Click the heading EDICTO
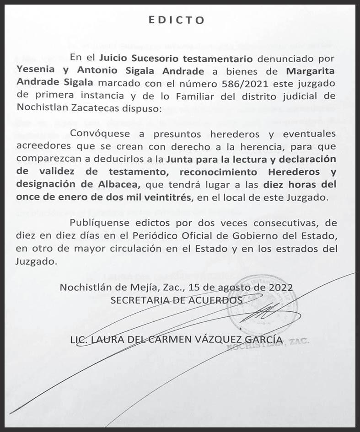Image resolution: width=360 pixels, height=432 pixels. click(177, 20)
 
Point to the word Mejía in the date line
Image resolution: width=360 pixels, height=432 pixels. click(145, 288)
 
